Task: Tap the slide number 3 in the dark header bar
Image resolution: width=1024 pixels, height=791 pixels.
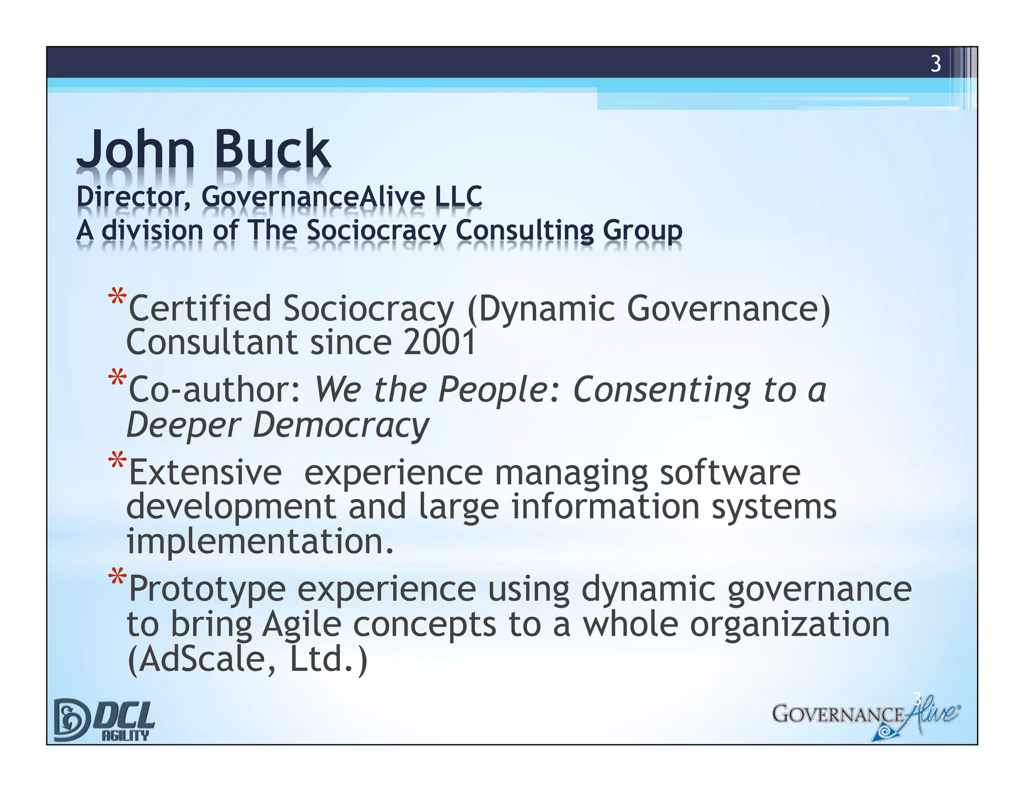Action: [x=935, y=64]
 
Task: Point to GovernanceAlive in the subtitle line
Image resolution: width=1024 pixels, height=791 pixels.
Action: [x=313, y=196]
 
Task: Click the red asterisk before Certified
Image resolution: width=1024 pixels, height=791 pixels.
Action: [x=117, y=297]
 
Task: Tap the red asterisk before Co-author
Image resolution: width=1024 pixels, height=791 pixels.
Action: [x=117, y=378]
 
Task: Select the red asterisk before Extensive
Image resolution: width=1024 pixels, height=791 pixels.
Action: [x=117, y=460]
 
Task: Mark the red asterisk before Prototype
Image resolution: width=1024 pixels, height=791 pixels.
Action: [x=117, y=577]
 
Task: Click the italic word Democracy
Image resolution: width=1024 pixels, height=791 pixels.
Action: [x=340, y=425]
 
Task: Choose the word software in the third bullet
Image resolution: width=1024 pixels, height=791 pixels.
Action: [x=730, y=472]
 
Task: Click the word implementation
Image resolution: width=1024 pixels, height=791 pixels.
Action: [x=260, y=541]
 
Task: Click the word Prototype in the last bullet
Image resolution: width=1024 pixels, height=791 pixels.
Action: [x=207, y=589]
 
